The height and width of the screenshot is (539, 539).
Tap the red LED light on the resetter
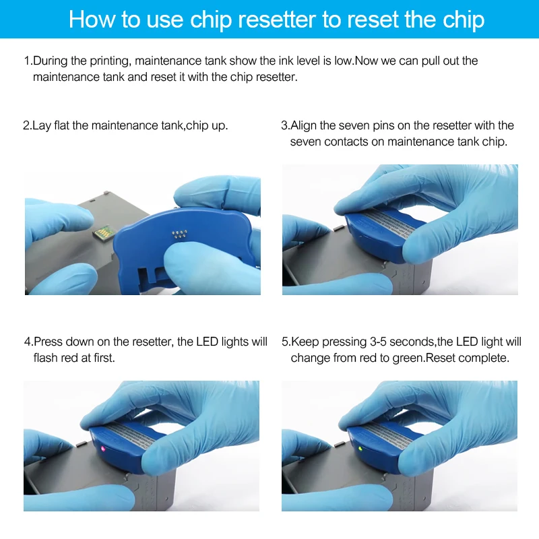click(102, 448)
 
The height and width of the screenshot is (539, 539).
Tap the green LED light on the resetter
click(360, 449)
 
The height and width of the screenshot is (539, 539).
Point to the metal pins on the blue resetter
click(179, 234)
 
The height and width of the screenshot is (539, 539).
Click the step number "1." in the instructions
click(28, 61)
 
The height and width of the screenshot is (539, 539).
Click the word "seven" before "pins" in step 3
click(352, 125)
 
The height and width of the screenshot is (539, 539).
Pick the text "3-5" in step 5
click(378, 342)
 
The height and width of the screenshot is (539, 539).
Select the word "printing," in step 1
click(110, 61)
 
